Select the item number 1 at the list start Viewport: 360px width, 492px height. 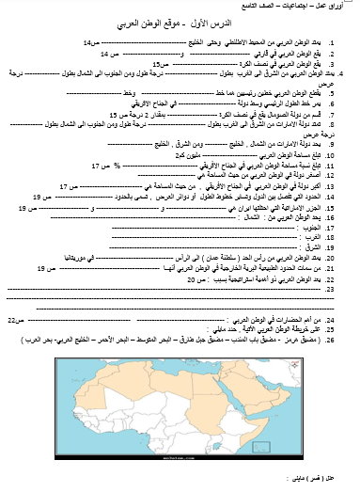342,44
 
